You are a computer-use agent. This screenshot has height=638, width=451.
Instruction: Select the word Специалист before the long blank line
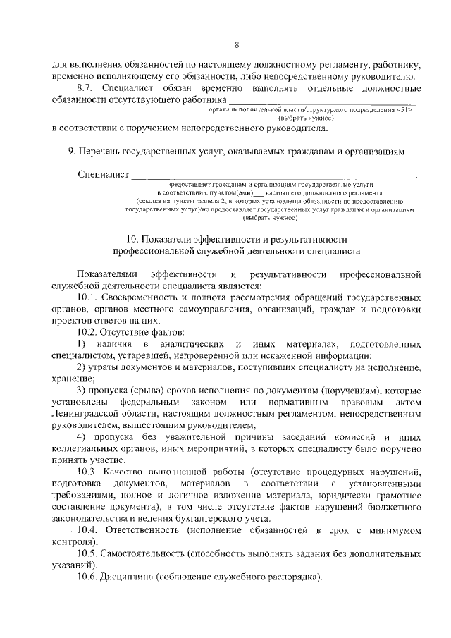pyautogui.click(x=103, y=175)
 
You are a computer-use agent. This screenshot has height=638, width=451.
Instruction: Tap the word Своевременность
pyautogui.click(x=145, y=297)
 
